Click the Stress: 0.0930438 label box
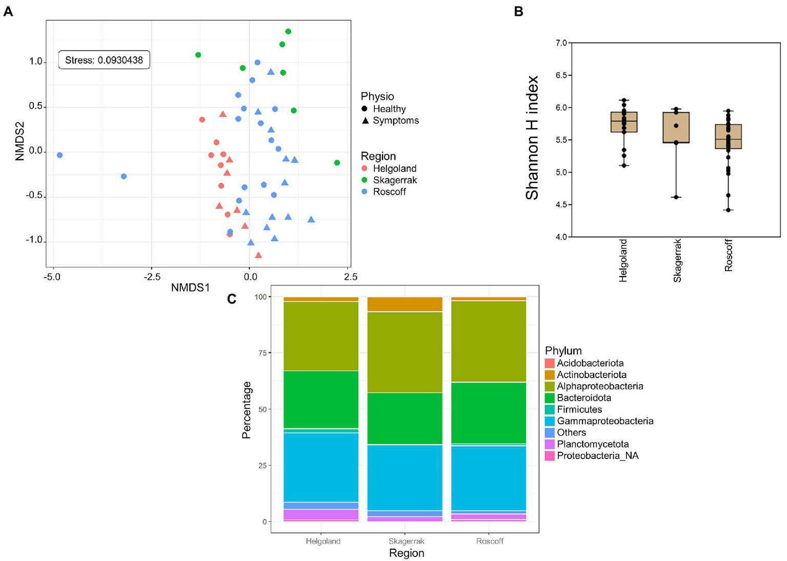104,60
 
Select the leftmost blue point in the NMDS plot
60,155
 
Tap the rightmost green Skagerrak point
337,162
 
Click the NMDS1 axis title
190,288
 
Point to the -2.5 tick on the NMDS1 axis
151,277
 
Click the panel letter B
518,11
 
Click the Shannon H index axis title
532,137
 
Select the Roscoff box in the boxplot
728,136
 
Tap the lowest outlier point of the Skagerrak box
676,197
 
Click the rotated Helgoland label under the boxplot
623,260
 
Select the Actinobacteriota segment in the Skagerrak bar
405,304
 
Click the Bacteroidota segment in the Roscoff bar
489,413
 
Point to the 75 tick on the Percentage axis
262,353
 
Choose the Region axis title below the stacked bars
406,553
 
